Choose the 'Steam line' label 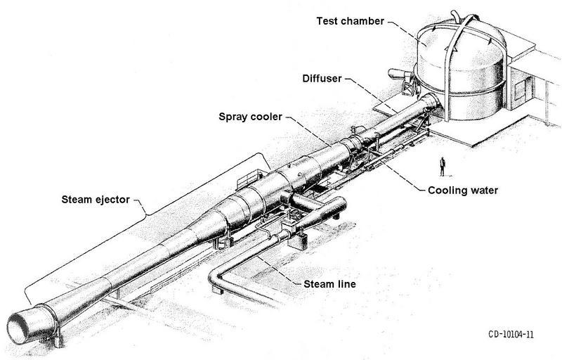331,284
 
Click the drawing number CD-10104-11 504,335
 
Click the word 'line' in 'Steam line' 346,284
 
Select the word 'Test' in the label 327,20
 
